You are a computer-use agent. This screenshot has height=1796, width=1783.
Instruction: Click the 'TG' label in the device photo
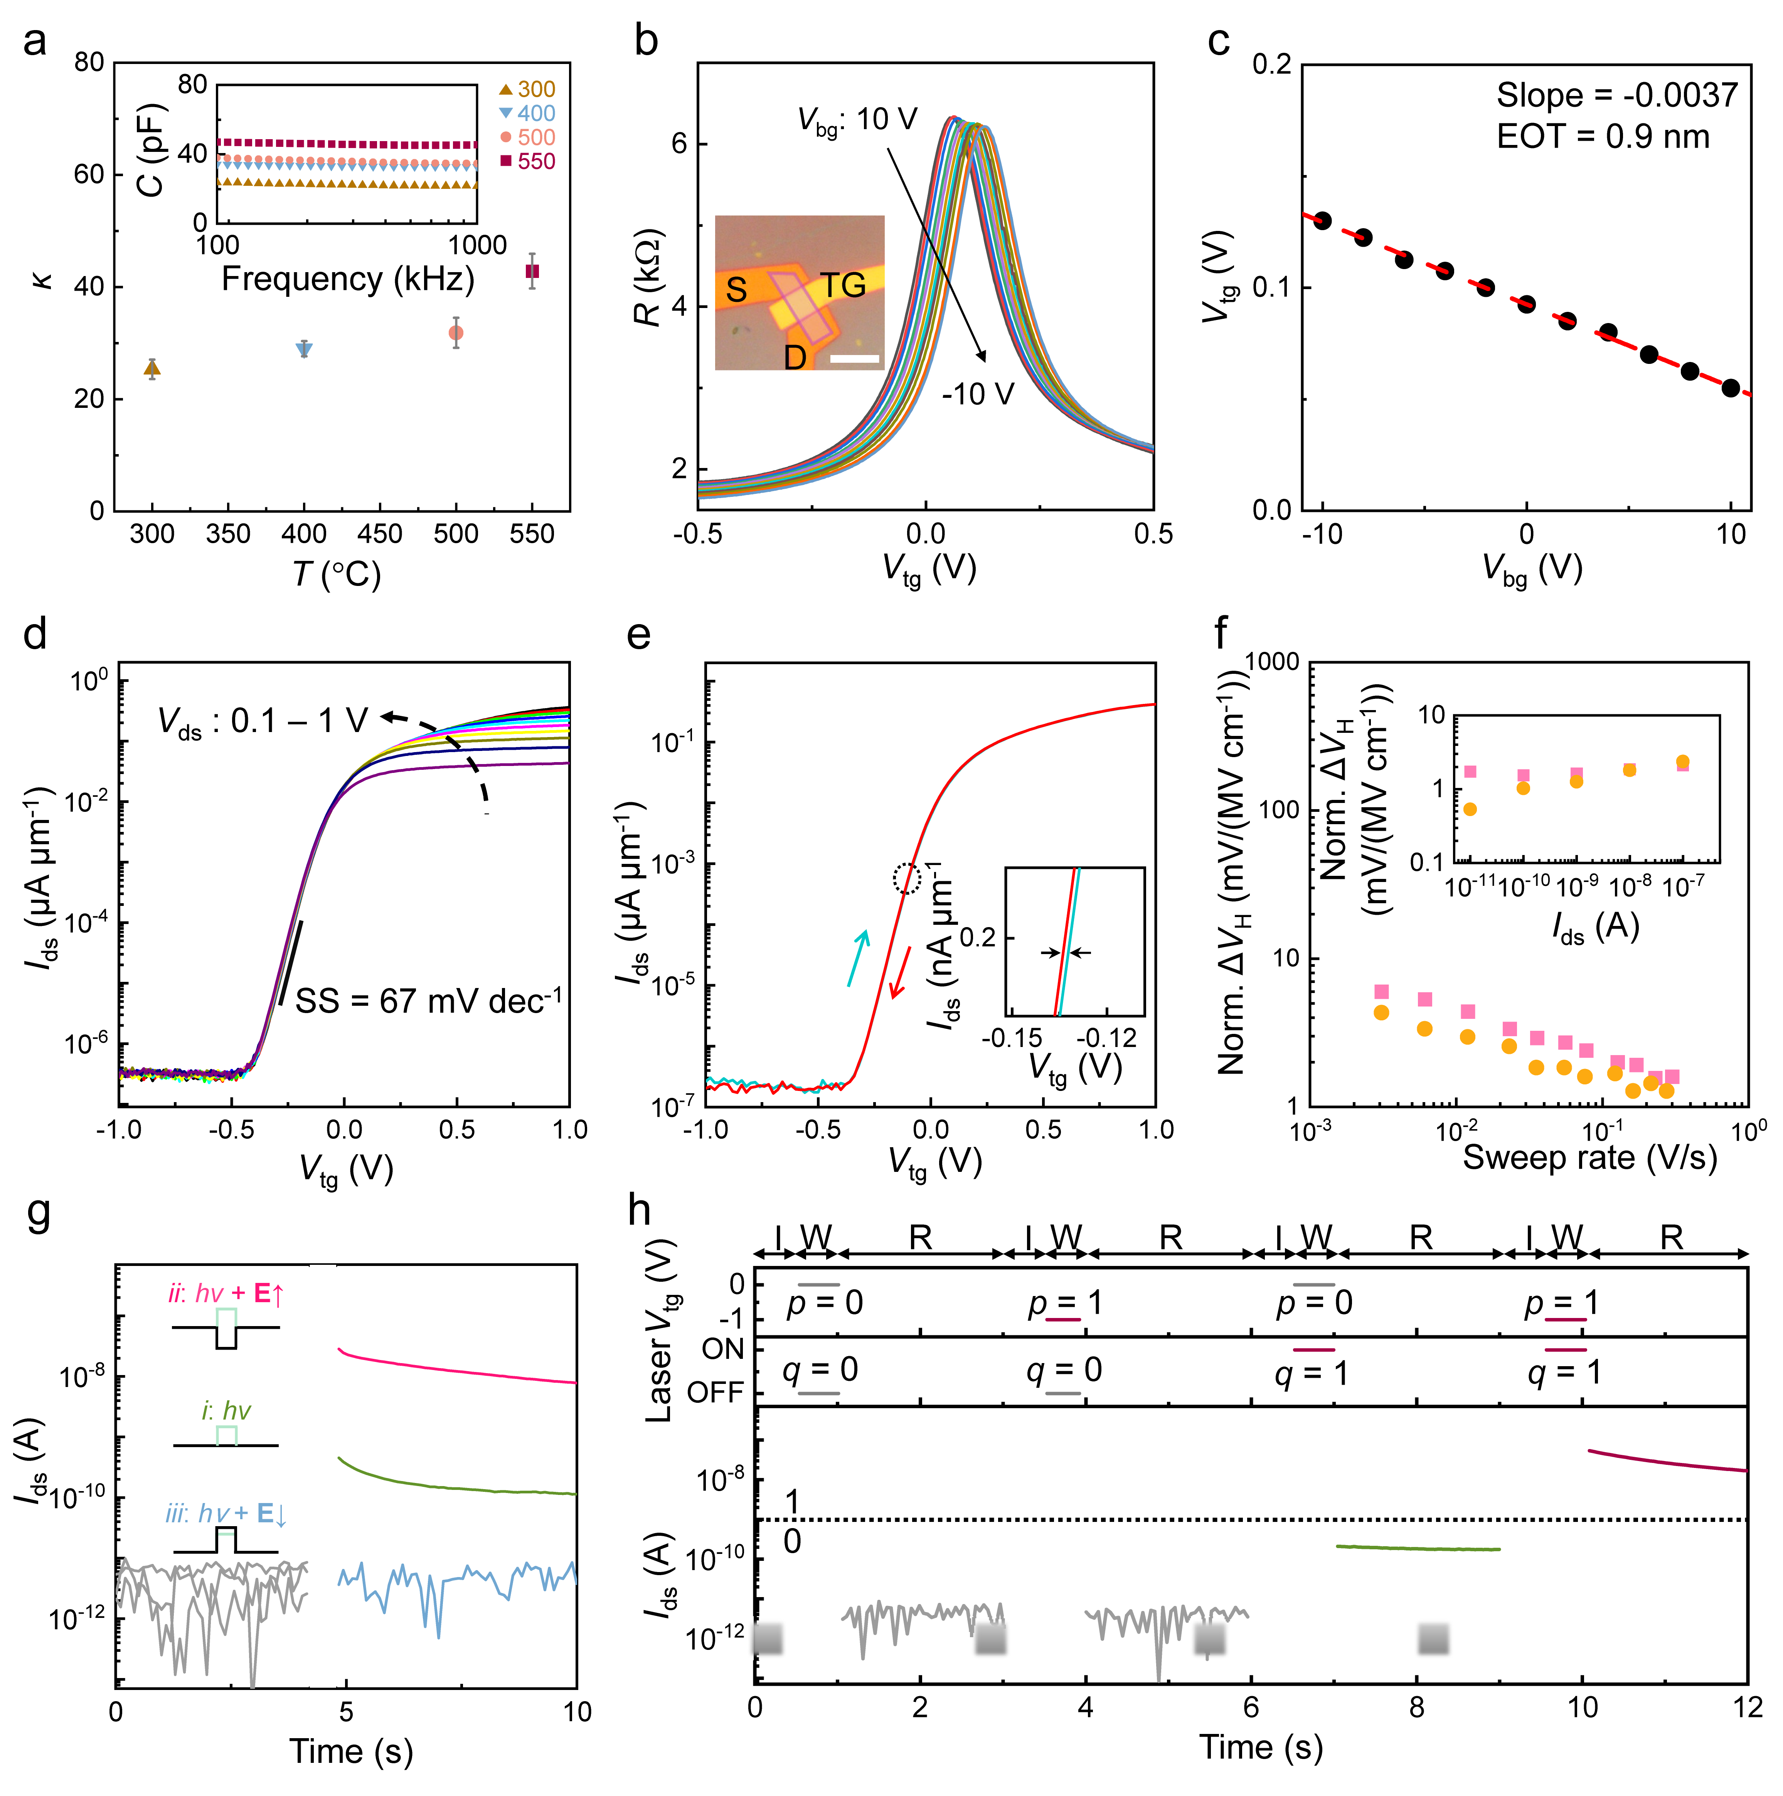[842, 285]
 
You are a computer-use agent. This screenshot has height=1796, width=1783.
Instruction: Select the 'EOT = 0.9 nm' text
[1603, 136]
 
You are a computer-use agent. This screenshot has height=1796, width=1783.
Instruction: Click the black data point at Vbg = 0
[1526, 304]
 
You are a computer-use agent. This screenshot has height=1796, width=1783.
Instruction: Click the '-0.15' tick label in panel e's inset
[1012, 1037]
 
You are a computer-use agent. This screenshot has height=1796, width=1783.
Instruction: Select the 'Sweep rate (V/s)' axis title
[1589, 1157]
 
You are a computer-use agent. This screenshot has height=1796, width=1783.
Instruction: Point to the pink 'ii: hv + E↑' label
[226, 1293]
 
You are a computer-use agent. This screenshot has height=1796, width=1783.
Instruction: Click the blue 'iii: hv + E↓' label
[226, 1514]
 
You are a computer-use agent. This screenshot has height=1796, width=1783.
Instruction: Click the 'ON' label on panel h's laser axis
[722, 1349]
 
